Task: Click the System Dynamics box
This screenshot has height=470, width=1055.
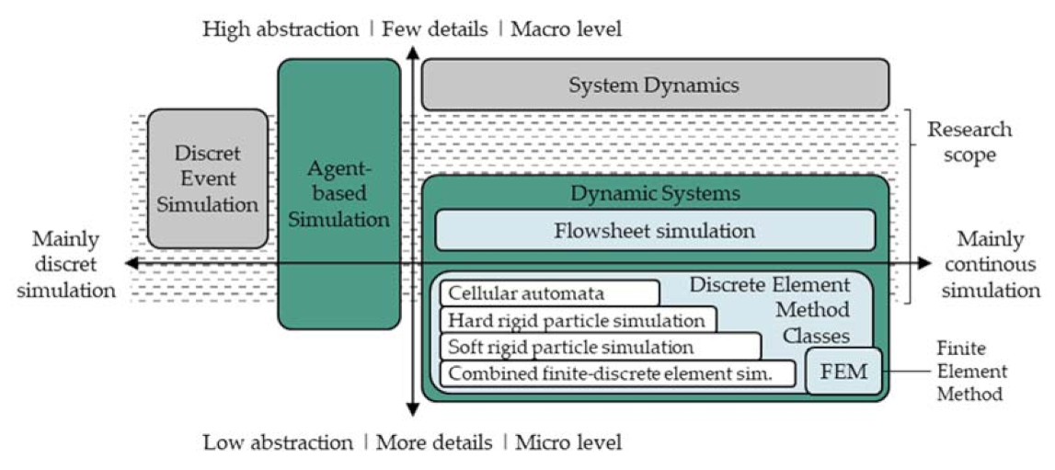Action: point(654,86)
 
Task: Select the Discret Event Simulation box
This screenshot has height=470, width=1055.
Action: point(208,178)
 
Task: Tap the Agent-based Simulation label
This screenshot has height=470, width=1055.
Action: point(339,194)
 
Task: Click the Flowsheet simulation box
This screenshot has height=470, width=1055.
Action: point(654,230)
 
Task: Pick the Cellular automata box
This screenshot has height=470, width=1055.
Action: point(550,293)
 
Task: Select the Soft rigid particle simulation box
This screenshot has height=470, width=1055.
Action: point(601,347)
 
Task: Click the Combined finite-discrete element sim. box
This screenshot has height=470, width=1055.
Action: point(618,373)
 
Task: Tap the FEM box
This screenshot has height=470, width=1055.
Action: point(843,372)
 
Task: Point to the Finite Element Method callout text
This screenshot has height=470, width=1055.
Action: point(971,371)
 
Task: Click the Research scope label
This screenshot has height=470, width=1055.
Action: point(968,142)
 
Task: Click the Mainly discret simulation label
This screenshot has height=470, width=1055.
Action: point(65,264)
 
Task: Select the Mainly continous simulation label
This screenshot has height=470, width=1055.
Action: point(989,265)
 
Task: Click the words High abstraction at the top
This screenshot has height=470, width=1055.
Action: point(281,29)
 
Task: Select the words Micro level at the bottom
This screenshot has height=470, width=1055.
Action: point(568,442)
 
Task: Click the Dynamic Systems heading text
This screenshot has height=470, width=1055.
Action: point(655,194)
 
